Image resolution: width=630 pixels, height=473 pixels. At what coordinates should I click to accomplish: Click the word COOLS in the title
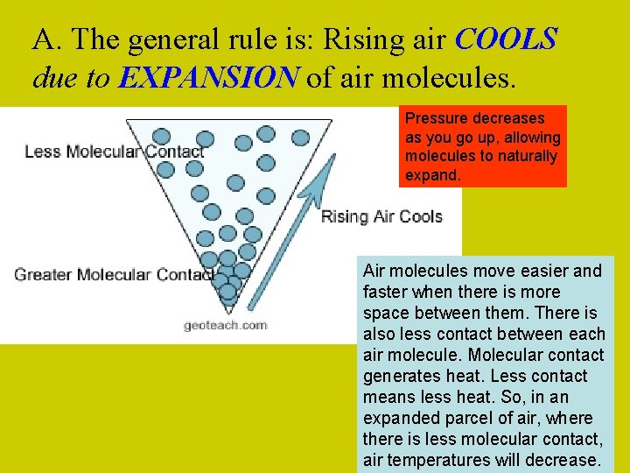[x=507, y=39]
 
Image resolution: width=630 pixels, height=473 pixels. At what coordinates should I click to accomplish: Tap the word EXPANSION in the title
[x=209, y=79]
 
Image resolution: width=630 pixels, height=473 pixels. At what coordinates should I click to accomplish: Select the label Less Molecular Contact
[x=114, y=152]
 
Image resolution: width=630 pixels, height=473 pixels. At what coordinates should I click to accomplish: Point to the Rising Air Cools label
[x=382, y=216]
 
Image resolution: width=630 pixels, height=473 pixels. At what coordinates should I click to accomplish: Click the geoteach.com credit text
[x=225, y=325]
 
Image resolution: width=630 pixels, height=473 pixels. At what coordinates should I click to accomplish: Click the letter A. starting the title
[x=46, y=39]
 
